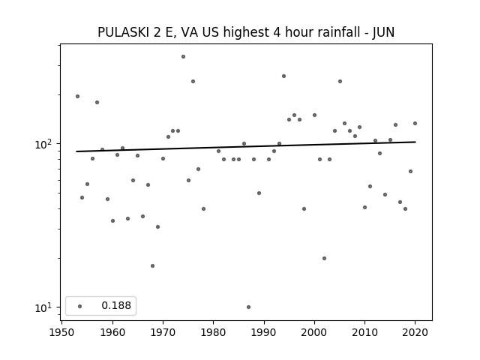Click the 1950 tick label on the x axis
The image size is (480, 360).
click(x=61, y=332)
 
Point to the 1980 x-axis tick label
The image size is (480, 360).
click(x=213, y=332)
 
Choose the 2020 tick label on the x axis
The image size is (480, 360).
click(x=415, y=332)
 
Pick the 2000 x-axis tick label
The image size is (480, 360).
click(x=314, y=332)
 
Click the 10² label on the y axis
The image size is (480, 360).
click(x=44, y=143)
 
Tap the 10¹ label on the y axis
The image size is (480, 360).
click(x=44, y=307)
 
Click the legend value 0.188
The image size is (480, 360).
click(x=116, y=305)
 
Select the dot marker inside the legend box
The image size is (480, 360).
click(x=80, y=306)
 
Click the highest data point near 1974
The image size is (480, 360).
click(x=183, y=57)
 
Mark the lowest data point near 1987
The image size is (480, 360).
click(x=248, y=307)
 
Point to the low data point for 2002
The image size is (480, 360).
click(x=325, y=258)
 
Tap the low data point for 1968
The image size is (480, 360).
click(x=153, y=266)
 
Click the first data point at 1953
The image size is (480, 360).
click(x=78, y=97)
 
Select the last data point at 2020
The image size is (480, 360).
click(x=415, y=123)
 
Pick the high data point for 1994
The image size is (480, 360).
click(x=284, y=76)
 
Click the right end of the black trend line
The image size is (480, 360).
click(x=415, y=142)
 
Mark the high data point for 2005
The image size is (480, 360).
click(x=340, y=82)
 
